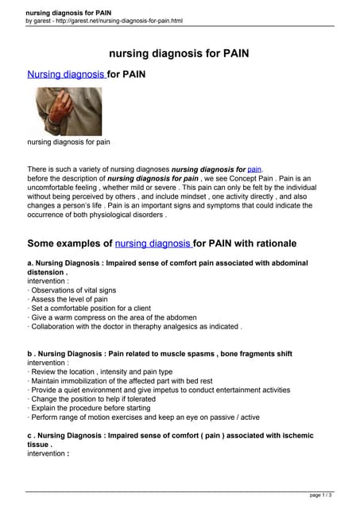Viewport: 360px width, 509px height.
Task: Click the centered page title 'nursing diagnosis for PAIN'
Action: coord(180,54)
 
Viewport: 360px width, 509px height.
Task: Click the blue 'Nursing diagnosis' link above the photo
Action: coord(66,75)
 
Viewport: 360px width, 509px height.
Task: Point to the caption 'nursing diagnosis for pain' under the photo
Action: coord(68,142)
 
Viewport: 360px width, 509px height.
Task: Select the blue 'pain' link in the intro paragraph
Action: coord(254,169)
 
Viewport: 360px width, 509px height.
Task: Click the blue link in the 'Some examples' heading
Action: coord(153,243)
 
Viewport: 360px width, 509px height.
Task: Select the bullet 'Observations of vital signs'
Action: coord(72,290)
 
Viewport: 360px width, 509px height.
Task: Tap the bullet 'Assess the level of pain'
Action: coord(68,299)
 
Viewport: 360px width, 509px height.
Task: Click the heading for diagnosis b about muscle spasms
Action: coord(160,353)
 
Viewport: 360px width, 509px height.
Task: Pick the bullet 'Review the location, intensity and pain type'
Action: coord(100,371)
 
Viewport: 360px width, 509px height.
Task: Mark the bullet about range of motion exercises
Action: coord(143,417)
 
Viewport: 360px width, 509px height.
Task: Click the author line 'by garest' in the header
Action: coord(41,21)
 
